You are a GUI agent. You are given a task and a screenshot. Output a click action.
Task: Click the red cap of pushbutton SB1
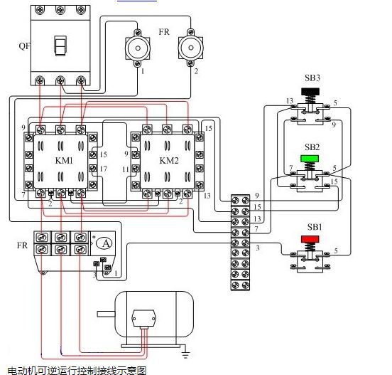pos(310,239)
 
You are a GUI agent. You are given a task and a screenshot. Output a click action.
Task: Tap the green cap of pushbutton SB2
pos(310,159)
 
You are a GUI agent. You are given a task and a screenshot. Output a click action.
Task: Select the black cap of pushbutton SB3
pos(310,91)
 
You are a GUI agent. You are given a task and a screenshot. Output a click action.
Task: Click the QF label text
pos(24,46)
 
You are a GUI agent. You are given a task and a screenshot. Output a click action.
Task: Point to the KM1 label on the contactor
pos(64,160)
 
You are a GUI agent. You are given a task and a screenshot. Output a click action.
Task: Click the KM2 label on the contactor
pos(169,160)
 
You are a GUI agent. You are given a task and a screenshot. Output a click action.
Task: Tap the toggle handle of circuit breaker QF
pos(60,46)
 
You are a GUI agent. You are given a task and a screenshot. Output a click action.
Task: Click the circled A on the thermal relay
pos(106,243)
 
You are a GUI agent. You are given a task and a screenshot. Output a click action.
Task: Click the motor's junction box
pos(143,319)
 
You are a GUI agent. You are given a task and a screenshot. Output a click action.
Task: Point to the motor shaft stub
pos(106,314)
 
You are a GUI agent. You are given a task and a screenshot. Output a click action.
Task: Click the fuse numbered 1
pos(138,48)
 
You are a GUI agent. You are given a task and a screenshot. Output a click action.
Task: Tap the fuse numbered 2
pos(191,48)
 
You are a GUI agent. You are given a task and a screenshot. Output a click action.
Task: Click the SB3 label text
pos(312,78)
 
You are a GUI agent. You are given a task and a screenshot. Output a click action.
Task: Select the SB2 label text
pos(312,147)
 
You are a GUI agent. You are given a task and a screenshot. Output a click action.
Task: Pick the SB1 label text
pos(315,227)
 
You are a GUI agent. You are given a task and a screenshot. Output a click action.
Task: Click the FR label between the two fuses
pos(164,32)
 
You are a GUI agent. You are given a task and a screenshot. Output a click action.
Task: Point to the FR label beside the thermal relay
pos(22,245)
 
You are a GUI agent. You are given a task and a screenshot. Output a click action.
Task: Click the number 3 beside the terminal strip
pos(258,248)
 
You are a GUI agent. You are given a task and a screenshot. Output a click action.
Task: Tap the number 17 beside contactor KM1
pos(103,169)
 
